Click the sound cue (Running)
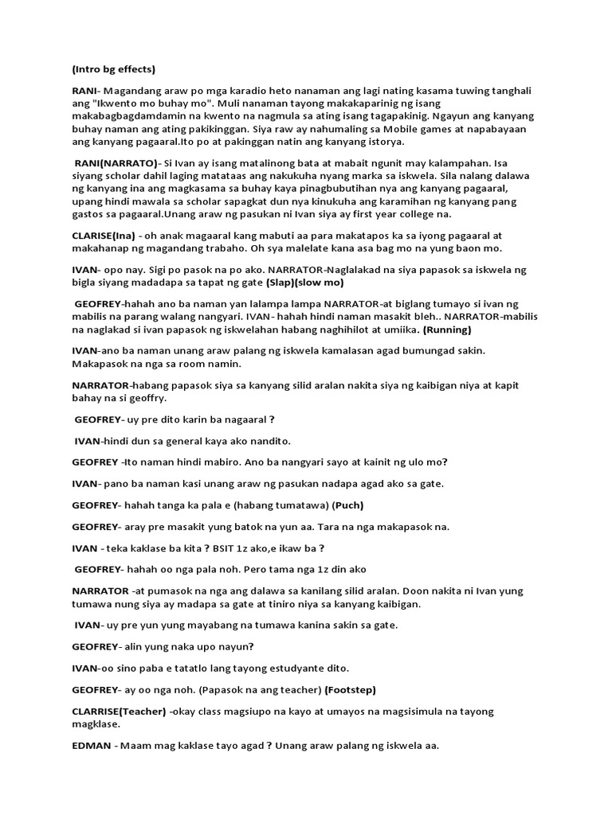point(448,330)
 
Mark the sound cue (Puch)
point(350,505)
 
